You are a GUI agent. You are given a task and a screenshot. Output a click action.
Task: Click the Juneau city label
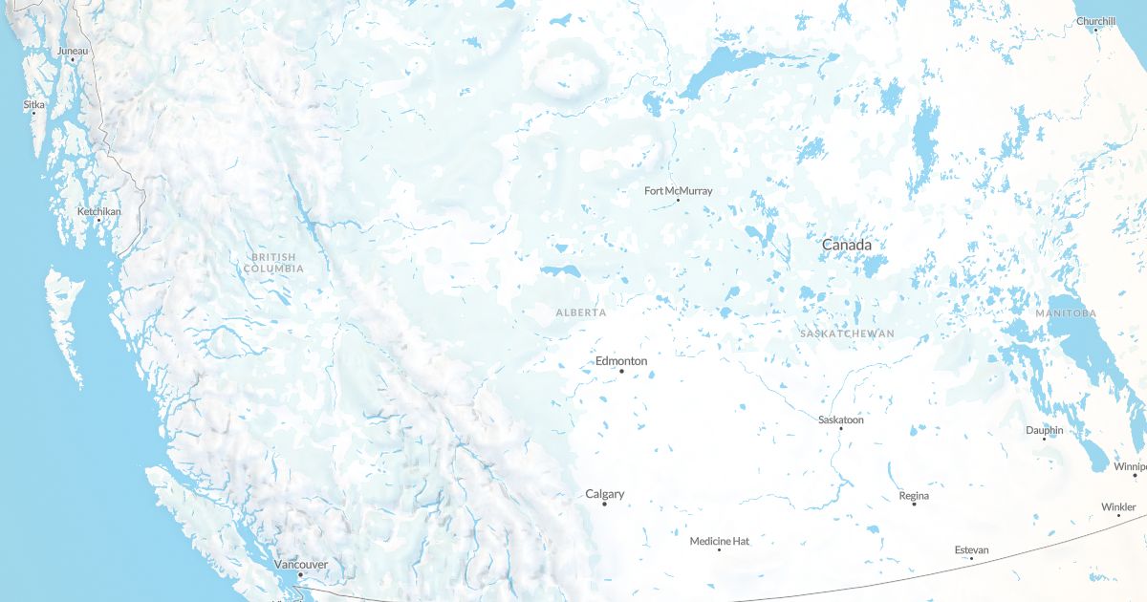72,50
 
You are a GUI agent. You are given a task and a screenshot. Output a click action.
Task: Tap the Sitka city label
34,104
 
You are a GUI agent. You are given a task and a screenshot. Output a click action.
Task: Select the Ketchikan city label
99,211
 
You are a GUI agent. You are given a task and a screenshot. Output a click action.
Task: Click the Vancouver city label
301,565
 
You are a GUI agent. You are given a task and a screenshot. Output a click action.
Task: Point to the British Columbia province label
273,263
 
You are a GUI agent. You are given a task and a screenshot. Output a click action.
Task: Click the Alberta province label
581,312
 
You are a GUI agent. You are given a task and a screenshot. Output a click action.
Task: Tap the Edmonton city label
621,361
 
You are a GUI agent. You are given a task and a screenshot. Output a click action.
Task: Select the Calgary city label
605,494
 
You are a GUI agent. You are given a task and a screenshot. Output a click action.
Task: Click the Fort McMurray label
679,191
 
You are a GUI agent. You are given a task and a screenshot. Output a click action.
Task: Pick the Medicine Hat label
720,542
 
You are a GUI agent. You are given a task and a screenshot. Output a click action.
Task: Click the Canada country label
847,246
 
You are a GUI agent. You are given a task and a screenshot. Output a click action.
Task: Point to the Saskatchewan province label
847,333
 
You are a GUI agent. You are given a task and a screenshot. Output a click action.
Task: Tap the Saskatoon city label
841,419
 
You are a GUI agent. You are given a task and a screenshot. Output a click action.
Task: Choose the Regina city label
914,496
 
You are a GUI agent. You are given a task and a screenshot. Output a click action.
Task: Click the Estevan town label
972,550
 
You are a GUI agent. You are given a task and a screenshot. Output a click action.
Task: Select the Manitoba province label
1066,313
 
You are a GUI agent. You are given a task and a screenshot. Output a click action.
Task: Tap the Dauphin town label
1045,430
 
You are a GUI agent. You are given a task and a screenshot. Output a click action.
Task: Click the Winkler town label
1118,507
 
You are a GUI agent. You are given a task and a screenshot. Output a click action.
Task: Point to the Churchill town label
1095,21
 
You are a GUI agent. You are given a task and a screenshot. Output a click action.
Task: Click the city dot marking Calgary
604,504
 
